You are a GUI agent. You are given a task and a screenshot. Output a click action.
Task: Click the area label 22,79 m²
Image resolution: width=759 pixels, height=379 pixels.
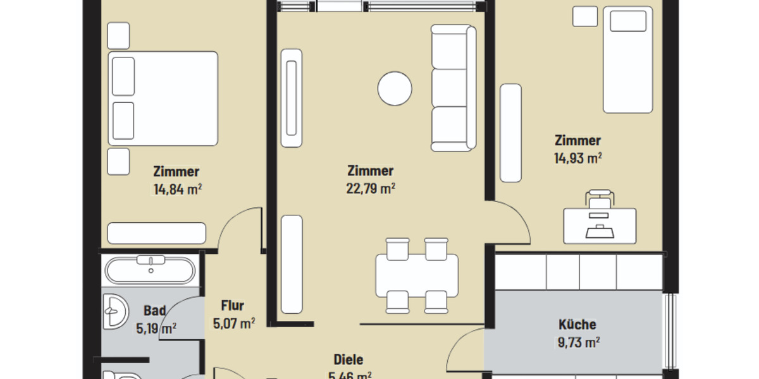point(371,188)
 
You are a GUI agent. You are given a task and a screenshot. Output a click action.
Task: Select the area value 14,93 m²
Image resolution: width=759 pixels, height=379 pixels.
point(577,158)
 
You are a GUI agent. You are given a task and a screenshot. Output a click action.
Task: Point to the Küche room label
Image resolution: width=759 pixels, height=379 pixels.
point(577,325)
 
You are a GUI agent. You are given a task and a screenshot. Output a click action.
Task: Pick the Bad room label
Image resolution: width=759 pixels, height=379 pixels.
point(154,311)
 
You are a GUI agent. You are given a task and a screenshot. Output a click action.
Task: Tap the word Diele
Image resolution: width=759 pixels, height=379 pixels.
point(348,359)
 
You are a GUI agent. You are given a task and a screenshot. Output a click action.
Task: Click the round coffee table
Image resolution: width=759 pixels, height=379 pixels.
point(395,88)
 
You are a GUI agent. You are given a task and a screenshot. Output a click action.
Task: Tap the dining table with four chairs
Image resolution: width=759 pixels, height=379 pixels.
point(416,275)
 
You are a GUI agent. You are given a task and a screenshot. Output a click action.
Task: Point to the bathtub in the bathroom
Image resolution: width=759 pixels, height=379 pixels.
point(150,270)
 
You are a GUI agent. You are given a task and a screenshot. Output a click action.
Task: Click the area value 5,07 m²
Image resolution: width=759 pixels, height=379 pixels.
point(234,324)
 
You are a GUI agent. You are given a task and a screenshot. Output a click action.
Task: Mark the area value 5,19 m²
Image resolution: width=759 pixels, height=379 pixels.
point(156,328)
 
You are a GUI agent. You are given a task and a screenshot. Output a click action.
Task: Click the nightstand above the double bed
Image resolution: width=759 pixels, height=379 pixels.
point(118,36)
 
